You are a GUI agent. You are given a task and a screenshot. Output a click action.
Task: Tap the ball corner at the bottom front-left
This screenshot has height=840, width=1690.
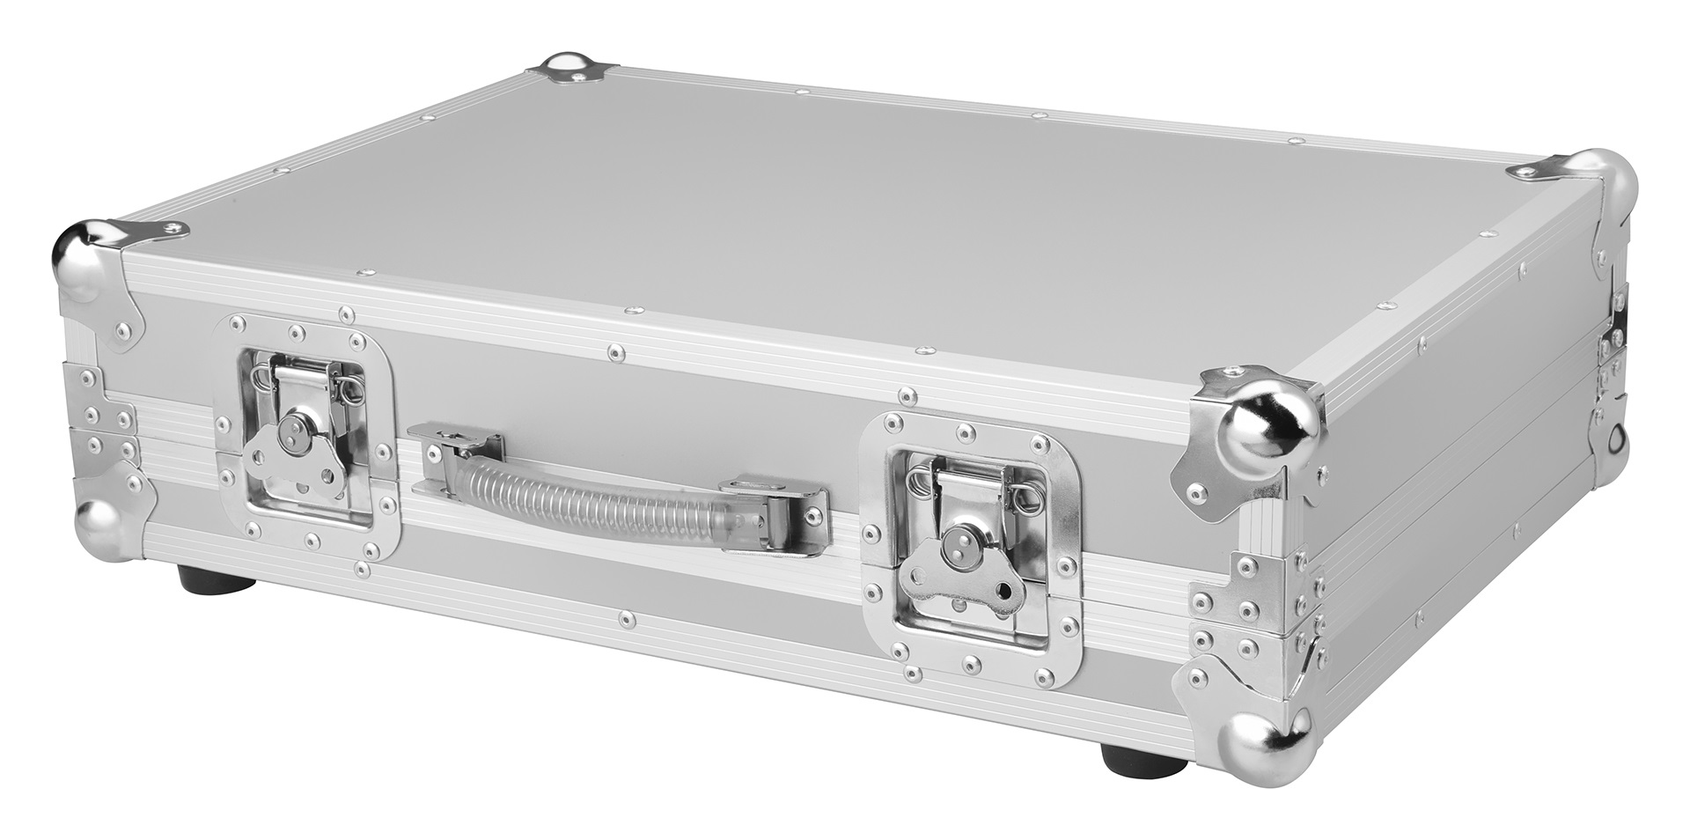[x=106, y=527]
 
